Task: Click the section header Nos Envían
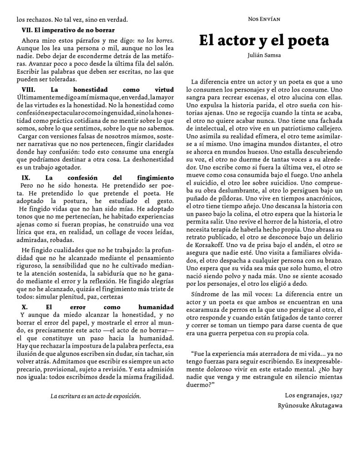click(x=264, y=19)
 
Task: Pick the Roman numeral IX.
click(x=26, y=177)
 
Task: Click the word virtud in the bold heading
click(x=164, y=90)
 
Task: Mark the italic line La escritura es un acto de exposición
click(x=96, y=396)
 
